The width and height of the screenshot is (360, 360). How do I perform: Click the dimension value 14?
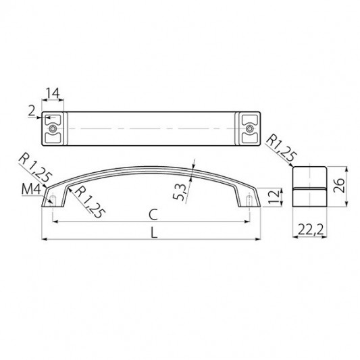(53, 93)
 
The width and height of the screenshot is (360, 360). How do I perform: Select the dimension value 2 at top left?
(32, 111)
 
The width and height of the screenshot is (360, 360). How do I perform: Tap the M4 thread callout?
(31, 190)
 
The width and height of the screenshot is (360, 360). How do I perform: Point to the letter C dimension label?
(153, 214)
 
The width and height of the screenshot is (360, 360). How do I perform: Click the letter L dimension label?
(154, 232)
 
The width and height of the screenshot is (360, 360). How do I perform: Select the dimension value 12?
(274, 197)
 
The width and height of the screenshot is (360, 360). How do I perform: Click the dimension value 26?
(339, 185)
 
